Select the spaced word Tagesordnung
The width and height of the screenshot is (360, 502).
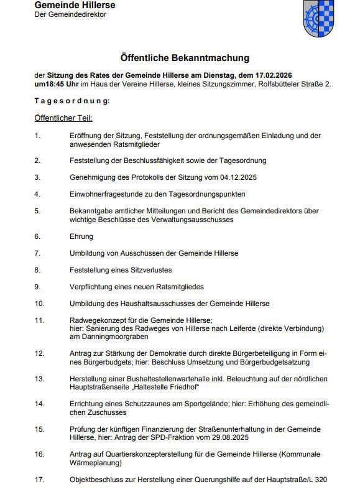coord(72,100)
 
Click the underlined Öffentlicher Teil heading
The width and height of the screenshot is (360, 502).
coord(63,117)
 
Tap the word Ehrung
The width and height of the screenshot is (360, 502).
coord(81,236)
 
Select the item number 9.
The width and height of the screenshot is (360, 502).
coord(37,287)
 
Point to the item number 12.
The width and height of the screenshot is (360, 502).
coord(39,353)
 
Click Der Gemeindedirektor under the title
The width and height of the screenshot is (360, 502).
coord(70,14)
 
